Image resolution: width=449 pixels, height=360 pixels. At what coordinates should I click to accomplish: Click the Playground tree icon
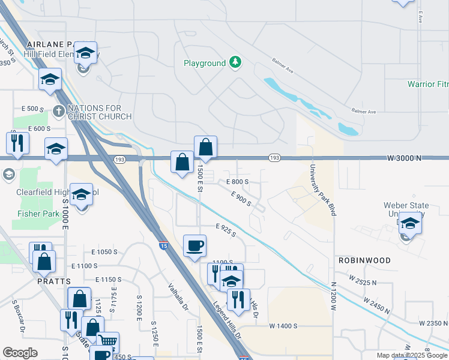(236, 62)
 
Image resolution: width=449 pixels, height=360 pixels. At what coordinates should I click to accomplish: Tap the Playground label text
(205, 63)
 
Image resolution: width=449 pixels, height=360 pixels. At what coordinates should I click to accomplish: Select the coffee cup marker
(194, 245)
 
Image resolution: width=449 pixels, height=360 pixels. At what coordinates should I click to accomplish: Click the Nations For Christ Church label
(94, 112)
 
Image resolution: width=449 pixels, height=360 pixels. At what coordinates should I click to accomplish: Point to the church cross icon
(58, 111)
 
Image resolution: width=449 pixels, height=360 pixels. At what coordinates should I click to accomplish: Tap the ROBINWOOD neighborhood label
(381, 260)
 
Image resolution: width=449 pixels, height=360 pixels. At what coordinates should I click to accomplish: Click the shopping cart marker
(107, 343)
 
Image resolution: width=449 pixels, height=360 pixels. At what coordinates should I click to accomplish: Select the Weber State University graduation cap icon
(410, 223)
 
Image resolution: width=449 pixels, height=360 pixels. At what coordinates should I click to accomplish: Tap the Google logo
(20, 353)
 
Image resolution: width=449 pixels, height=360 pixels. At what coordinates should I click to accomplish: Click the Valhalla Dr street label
(178, 297)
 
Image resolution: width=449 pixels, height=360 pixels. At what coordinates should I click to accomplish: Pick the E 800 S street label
(237, 181)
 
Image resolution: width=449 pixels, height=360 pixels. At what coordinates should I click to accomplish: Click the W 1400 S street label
(284, 326)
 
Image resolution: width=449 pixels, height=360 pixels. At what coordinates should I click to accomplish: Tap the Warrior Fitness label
(427, 84)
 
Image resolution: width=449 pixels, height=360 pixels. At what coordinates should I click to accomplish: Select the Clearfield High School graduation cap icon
(81, 194)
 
